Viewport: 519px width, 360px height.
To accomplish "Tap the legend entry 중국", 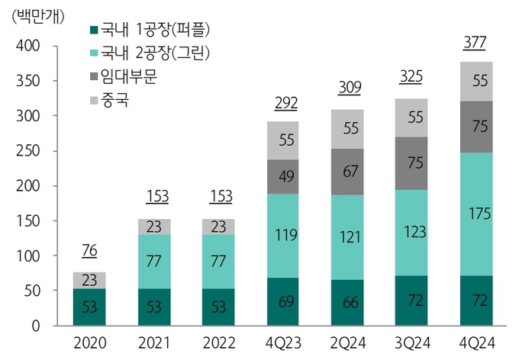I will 114,100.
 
